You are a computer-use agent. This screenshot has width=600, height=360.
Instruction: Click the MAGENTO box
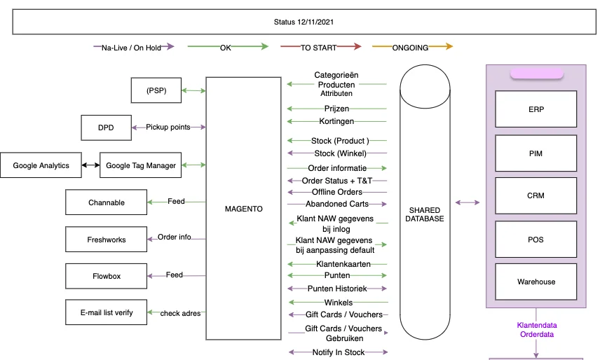[243, 209]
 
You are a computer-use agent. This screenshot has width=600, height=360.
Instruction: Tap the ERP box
[536, 109]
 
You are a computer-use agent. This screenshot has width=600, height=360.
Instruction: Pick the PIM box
[536, 153]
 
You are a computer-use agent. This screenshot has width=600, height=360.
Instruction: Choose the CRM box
[536, 196]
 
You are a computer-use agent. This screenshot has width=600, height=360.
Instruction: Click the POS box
[536, 240]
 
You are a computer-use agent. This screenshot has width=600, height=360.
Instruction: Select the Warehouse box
[536, 282]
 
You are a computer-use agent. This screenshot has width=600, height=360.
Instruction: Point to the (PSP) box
[157, 90]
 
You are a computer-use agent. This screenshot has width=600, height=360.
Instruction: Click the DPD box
[106, 127]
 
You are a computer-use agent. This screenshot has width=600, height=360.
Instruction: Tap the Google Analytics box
[41, 165]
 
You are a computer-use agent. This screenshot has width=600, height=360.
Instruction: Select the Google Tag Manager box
[140, 165]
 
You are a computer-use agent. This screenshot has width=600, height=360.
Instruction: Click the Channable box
[106, 202]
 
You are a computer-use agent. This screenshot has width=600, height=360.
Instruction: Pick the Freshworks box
[106, 240]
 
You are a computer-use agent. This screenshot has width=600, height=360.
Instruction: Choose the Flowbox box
[106, 276]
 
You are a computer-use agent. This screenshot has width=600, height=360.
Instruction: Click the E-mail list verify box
[106, 312]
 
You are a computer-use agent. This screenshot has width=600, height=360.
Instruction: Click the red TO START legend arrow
[320, 48]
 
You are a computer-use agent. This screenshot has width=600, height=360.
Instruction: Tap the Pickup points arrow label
[168, 127]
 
